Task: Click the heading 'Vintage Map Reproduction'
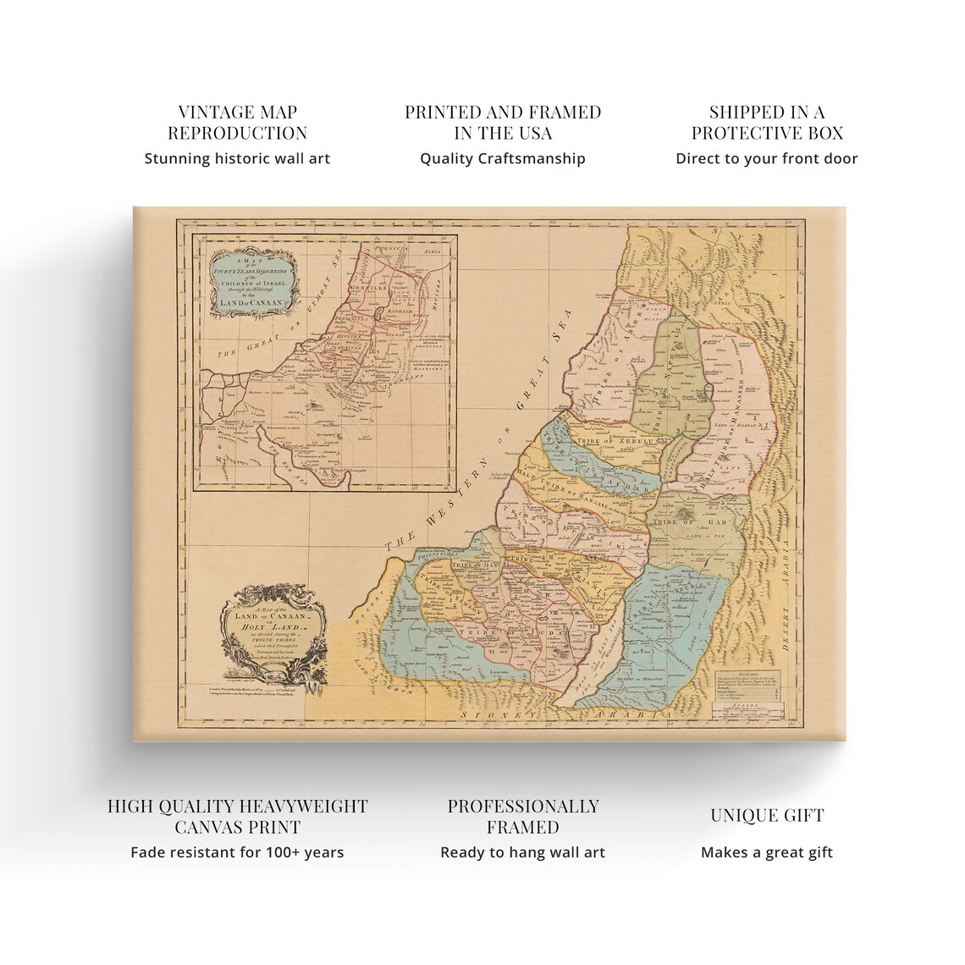237,123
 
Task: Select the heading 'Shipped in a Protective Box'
766,123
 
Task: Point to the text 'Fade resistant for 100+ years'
237,852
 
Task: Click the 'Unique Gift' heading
766,815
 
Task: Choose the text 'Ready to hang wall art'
522,852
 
